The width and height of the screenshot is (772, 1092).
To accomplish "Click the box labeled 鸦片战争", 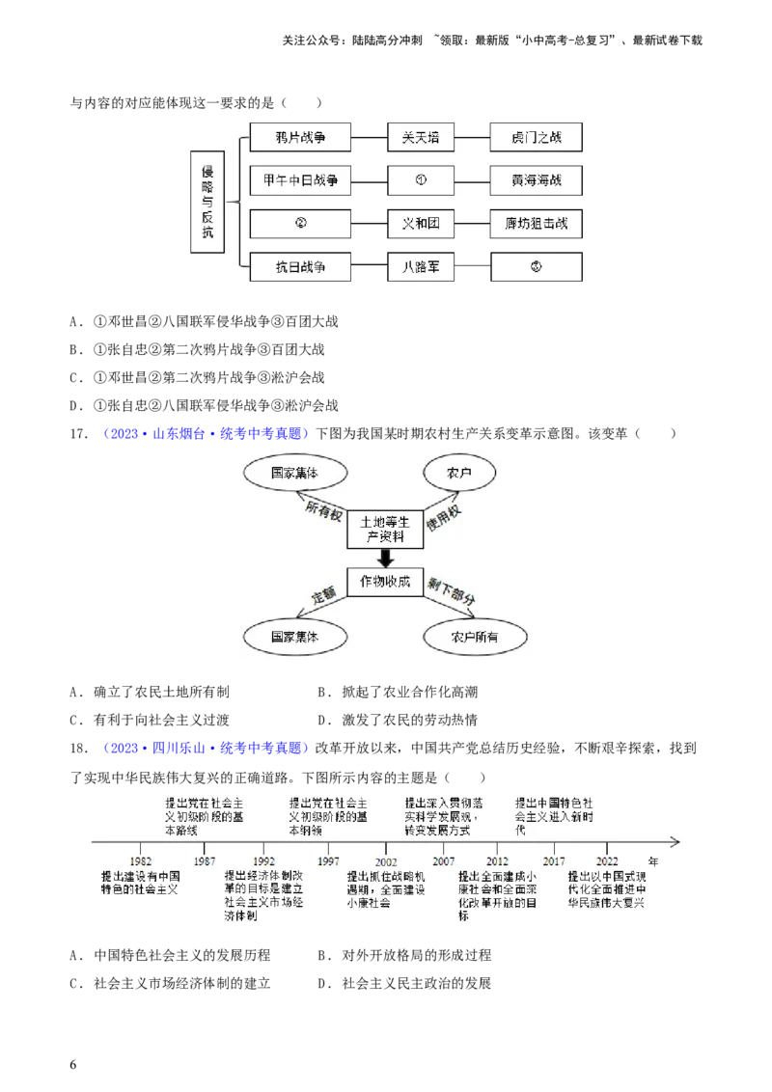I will pos(300,137).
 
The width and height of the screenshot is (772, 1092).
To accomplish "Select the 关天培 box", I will pos(421,137).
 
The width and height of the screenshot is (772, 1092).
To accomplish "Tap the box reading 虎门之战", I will pos(537,137).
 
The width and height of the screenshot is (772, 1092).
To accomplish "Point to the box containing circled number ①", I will pos(421,180).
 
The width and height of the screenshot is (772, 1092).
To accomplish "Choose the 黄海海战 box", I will pos(537,180).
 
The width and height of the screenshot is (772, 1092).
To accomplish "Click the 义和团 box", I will pos(421,224).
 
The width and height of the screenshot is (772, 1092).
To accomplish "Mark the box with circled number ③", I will pos(537,267).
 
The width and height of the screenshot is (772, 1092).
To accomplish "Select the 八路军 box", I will pos(421,267).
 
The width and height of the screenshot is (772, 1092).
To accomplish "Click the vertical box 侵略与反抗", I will pos(207,201).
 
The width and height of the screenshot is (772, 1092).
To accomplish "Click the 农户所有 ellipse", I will pos(476,638).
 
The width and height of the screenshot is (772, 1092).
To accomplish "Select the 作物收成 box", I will pos(385,582).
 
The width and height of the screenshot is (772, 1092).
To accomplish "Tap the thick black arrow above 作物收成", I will pos(385,558).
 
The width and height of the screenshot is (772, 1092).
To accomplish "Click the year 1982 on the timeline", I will pos(140,861).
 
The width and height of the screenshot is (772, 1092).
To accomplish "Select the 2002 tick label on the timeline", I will pos(386,861).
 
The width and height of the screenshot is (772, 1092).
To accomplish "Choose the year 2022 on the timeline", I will pos(608,861).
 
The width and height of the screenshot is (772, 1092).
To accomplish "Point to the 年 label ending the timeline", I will pos(653,860).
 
